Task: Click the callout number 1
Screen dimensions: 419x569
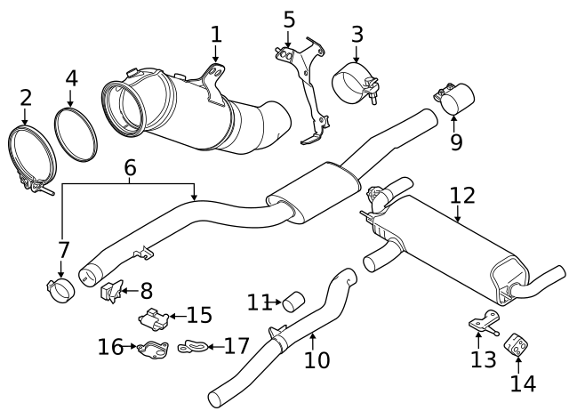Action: [x=216, y=35]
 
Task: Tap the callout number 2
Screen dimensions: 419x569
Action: [x=25, y=97]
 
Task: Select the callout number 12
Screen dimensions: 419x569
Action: [x=462, y=195]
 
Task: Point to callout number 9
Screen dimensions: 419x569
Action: [x=456, y=141]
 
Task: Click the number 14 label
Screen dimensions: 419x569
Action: [x=524, y=383]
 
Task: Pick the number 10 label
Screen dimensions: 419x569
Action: [x=317, y=359]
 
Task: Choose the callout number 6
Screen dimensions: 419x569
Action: [x=130, y=167]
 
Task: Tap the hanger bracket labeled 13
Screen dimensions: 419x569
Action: [x=481, y=321]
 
